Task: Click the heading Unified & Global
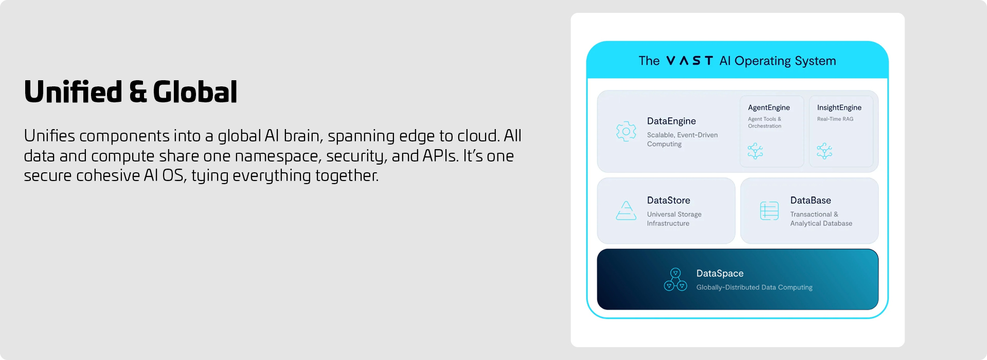point(131,92)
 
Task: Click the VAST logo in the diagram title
point(690,61)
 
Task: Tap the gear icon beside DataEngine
point(626,132)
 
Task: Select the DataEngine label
point(671,121)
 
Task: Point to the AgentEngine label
point(768,107)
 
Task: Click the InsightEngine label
point(839,107)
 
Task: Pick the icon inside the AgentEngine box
point(755,151)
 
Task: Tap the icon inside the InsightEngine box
point(824,151)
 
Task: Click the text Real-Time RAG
point(835,119)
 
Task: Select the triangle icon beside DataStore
point(626,210)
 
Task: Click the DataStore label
point(668,200)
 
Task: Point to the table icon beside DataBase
point(769,211)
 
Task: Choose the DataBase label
point(811,200)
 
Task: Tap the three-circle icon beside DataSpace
point(675,279)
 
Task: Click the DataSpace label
point(720,274)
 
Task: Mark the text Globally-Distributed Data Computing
point(754,287)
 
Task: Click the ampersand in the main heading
point(138,93)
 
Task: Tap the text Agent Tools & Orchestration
point(764,122)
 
